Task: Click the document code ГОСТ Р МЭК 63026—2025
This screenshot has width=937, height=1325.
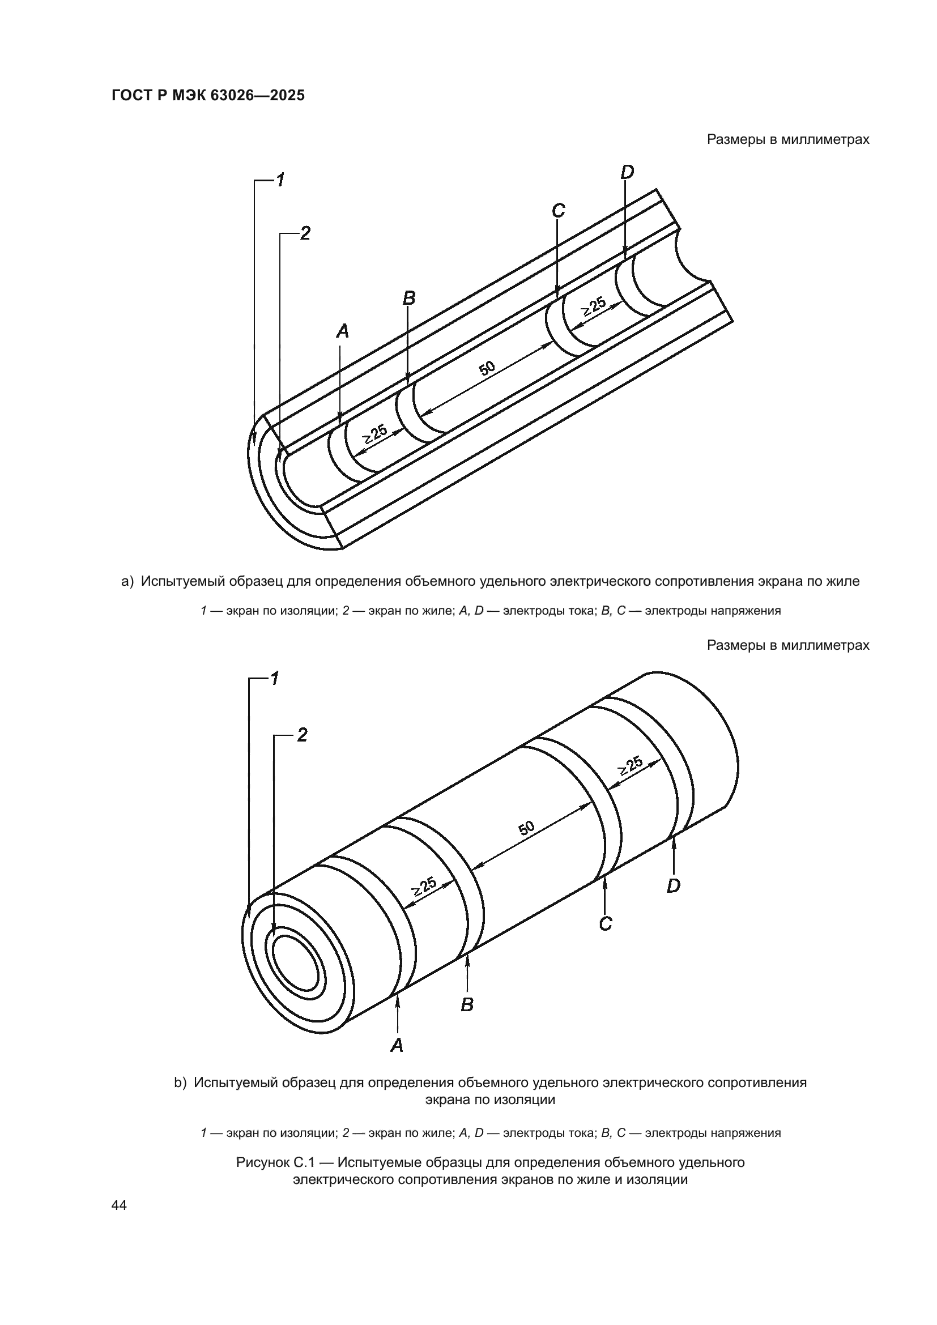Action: point(208,95)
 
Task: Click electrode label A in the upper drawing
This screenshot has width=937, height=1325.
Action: point(343,331)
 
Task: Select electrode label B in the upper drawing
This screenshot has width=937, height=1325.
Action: point(408,299)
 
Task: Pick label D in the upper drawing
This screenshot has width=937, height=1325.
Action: point(627,172)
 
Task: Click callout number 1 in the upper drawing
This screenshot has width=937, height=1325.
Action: point(280,180)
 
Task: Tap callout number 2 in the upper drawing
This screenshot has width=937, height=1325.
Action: point(305,233)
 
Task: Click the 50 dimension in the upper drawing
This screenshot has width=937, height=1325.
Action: point(487,368)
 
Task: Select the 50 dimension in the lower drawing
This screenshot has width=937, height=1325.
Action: point(526,828)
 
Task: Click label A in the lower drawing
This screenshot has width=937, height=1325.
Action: point(397,1045)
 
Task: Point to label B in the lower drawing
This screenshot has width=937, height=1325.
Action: point(467,1005)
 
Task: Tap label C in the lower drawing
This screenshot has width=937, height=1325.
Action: point(605,924)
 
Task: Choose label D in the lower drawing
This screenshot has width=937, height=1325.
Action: point(674,886)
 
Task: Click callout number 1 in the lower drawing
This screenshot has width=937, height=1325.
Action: point(275,678)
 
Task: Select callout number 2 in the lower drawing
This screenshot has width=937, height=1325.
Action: point(302,735)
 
